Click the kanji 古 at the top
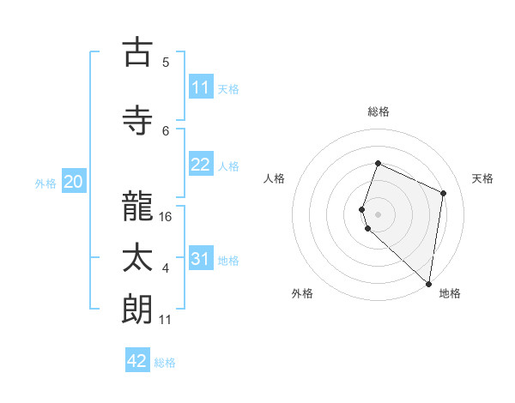[x=137, y=52]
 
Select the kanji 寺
[x=137, y=120]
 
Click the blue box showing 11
[x=201, y=87]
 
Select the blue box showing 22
[x=201, y=165]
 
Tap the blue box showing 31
[x=201, y=259]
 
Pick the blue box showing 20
[x=74, y=182]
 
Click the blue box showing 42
[x=137, y=361]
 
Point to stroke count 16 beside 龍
[x=166, y=217]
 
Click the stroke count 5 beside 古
[x=166, y=62]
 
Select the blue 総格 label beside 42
[x=165, y=363]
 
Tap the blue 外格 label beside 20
[x=45, y=183]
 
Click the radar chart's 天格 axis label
[x=482, y=178]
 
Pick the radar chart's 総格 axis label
[x=378, y=111]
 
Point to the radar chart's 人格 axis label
[x=275, y=178]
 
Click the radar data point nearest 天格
[x=444, y=193]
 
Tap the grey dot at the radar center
[x=378, y=214]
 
